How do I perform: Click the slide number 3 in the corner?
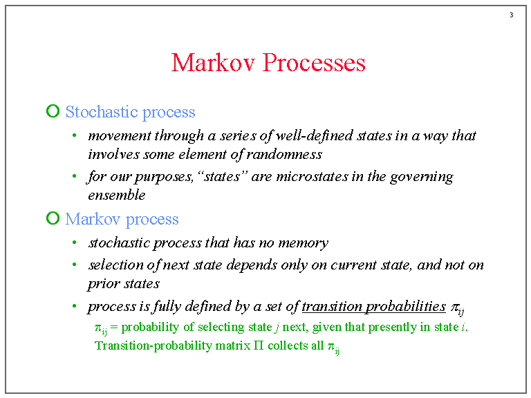511,15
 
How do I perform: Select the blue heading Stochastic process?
130,112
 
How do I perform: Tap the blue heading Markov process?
122,219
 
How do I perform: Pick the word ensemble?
116,195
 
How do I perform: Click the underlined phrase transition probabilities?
373,306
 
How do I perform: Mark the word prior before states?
103,283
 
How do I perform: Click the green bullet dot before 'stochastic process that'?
74,243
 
